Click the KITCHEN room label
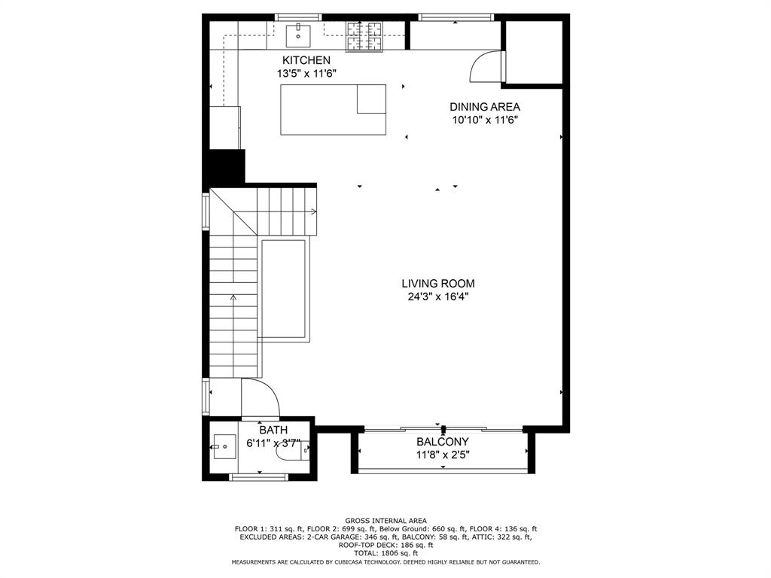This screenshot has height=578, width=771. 306,60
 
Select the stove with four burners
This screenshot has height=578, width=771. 364,35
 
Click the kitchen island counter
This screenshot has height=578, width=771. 333,110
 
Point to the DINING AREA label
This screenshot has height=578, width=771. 485,107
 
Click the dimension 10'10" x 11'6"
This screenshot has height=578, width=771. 485,120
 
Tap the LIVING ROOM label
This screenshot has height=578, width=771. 437,284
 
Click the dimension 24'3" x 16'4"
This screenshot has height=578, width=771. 437,297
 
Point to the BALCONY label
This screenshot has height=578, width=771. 443,442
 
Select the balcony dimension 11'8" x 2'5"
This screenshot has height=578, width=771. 443,454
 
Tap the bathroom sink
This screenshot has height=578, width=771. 224,447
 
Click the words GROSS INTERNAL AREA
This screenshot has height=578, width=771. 385,521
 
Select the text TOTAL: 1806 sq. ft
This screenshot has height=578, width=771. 385,553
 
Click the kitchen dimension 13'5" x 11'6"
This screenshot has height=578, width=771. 306,74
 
